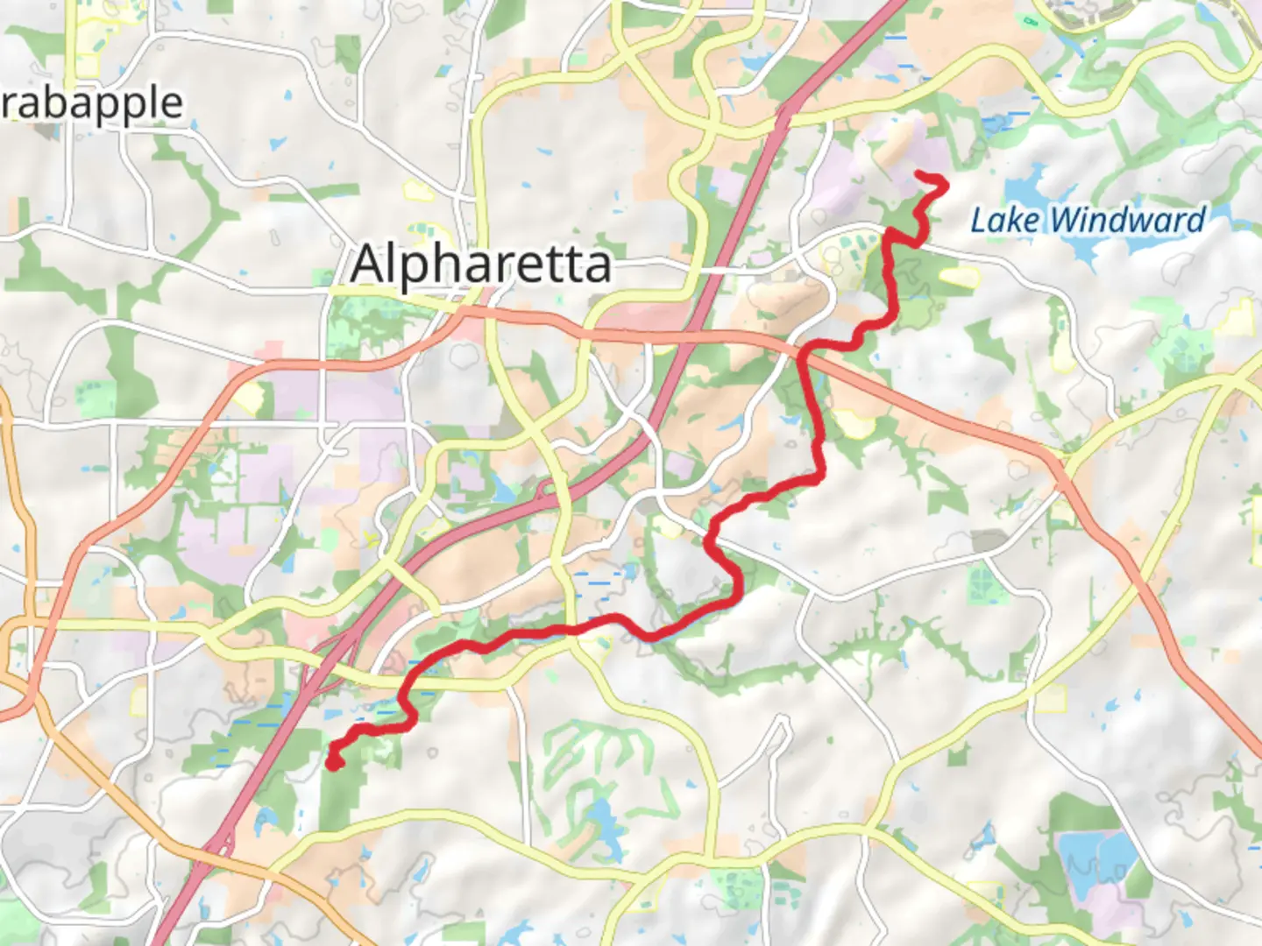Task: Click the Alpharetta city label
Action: click(480, 264)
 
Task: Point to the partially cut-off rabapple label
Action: click(91, 104)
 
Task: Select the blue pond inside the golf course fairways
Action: click(603, 823)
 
